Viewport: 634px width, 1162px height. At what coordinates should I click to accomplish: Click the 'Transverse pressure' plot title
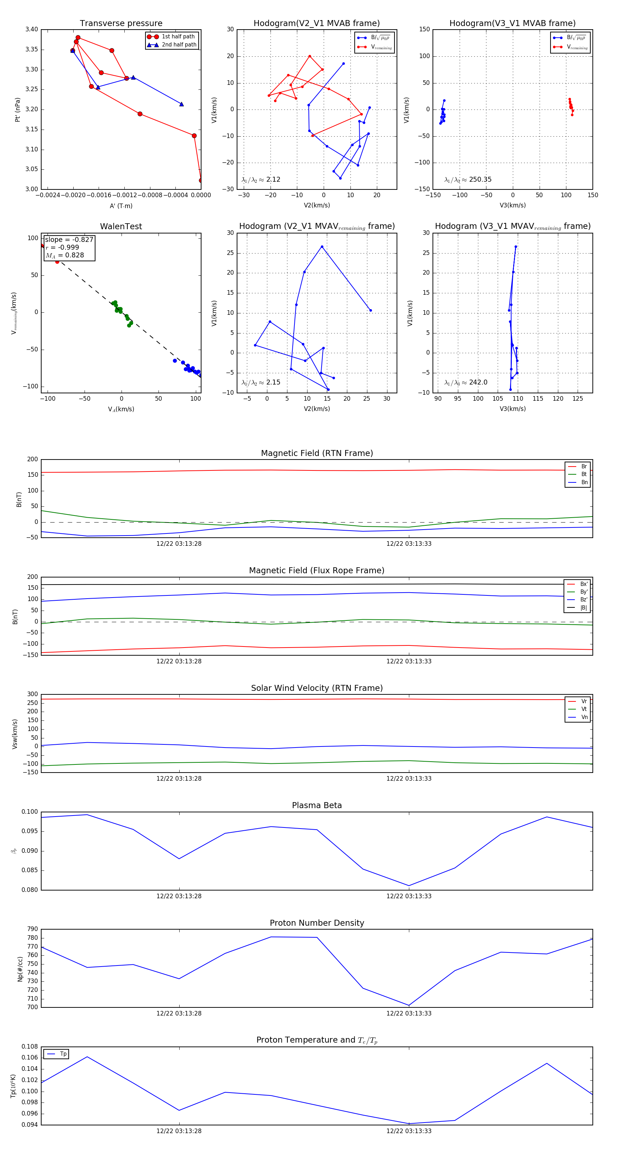pos(121,24)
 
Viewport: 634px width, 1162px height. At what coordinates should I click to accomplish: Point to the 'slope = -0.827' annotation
pos(69,239)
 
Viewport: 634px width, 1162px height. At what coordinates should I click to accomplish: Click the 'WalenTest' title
pos(121,226)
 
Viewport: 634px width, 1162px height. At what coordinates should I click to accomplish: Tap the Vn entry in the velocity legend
pos(584,717)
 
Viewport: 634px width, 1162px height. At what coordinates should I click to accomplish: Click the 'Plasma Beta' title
pos(317,805)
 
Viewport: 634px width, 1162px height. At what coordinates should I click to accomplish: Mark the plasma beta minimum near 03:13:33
pos(409,886)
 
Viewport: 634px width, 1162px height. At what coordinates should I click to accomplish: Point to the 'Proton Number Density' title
pos(317,923)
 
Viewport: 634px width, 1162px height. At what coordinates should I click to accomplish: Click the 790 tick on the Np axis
pos(32,929)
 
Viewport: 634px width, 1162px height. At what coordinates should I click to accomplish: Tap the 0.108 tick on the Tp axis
pos(30,1047)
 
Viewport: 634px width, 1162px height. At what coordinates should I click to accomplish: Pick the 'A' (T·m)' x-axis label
pos(121,206)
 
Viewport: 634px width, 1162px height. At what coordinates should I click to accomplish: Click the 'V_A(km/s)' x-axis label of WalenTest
pos(121,409)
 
